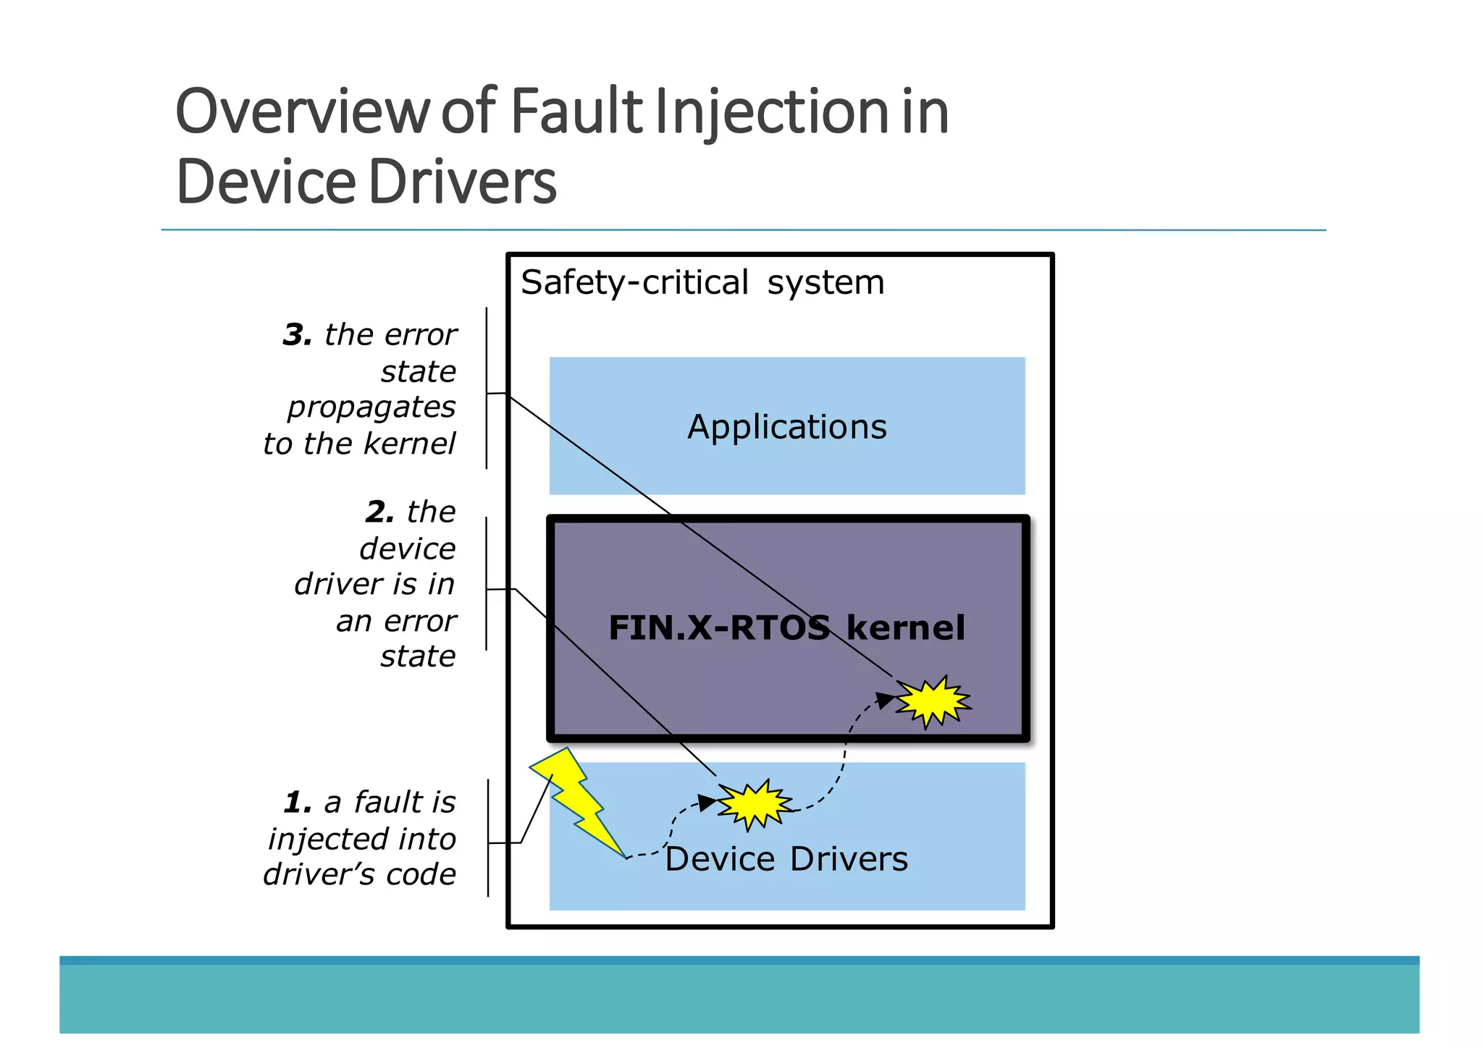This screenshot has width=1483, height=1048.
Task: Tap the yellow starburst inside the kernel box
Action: click(x=933, y=701)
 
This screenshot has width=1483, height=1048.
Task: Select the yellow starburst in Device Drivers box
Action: click(x=755, y=803)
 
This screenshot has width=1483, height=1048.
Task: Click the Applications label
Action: click(x=786, y=427)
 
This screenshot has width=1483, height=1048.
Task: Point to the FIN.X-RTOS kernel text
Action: click(x=786, y=627)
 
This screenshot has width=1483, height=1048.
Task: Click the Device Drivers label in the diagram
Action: click(x=786, y=859)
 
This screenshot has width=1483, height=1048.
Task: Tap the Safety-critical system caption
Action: click(x=702, y=282)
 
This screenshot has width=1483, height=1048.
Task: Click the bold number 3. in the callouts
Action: click(x=297, y=334)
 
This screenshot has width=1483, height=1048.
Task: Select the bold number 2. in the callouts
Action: click(x=379, y=512)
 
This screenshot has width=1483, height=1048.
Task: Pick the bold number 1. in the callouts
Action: click(x=298, y=802)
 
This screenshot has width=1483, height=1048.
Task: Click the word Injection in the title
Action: click(x=772, y=112)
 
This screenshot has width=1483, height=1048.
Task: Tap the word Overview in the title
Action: click(x=303, y=112)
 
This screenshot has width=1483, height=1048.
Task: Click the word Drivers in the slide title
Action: click(x=463, y=182)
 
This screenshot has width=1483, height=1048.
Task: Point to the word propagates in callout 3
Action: click(x=371, y=407)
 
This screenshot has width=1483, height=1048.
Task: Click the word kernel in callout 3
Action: click(x=410, y=444)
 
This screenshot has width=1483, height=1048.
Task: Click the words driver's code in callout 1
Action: click(x=360, y=874)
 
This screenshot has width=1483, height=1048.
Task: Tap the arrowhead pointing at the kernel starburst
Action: click(x=884, y=700)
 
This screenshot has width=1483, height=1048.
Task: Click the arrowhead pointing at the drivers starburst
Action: click(x=706, y=802)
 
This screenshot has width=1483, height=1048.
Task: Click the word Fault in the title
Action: click(x=576, y=112)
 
